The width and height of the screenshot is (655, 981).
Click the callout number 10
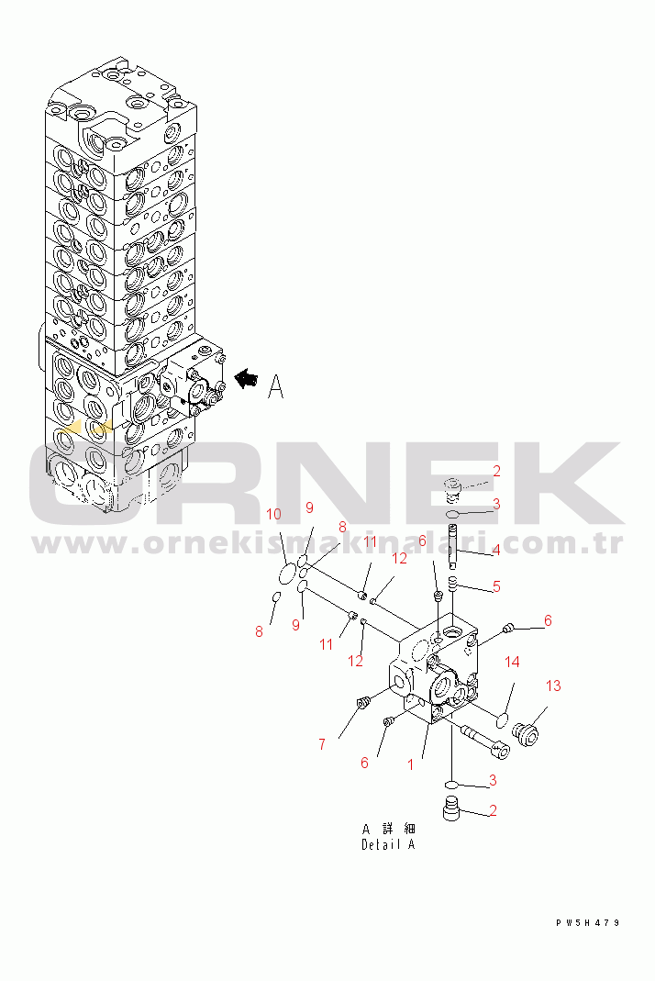click(x=274, y=514)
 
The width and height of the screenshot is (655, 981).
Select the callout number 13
click(x=553, y=686)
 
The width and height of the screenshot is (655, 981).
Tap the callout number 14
click(x=513, y=662)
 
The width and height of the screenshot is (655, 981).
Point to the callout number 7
click(x=322, y=744)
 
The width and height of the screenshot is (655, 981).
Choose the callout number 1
click(x=410, y=764)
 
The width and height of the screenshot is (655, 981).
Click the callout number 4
click(x=496, y=552)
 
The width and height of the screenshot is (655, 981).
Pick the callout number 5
click(x=496, y=586)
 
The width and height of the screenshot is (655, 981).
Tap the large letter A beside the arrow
click(x=275, y=386)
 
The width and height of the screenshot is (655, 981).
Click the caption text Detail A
click(x=388, y=844)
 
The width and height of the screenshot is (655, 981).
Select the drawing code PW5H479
click(x=587, y=923)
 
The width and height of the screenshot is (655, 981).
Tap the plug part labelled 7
click(x=361, y=703)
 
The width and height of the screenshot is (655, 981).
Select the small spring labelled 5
click(x=453, y=584)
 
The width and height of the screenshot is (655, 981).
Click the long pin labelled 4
click(x=453, y=546)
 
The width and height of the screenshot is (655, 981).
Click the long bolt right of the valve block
click(x=486, y=742)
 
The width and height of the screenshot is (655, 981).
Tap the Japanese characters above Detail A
click(x=388, y=829)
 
